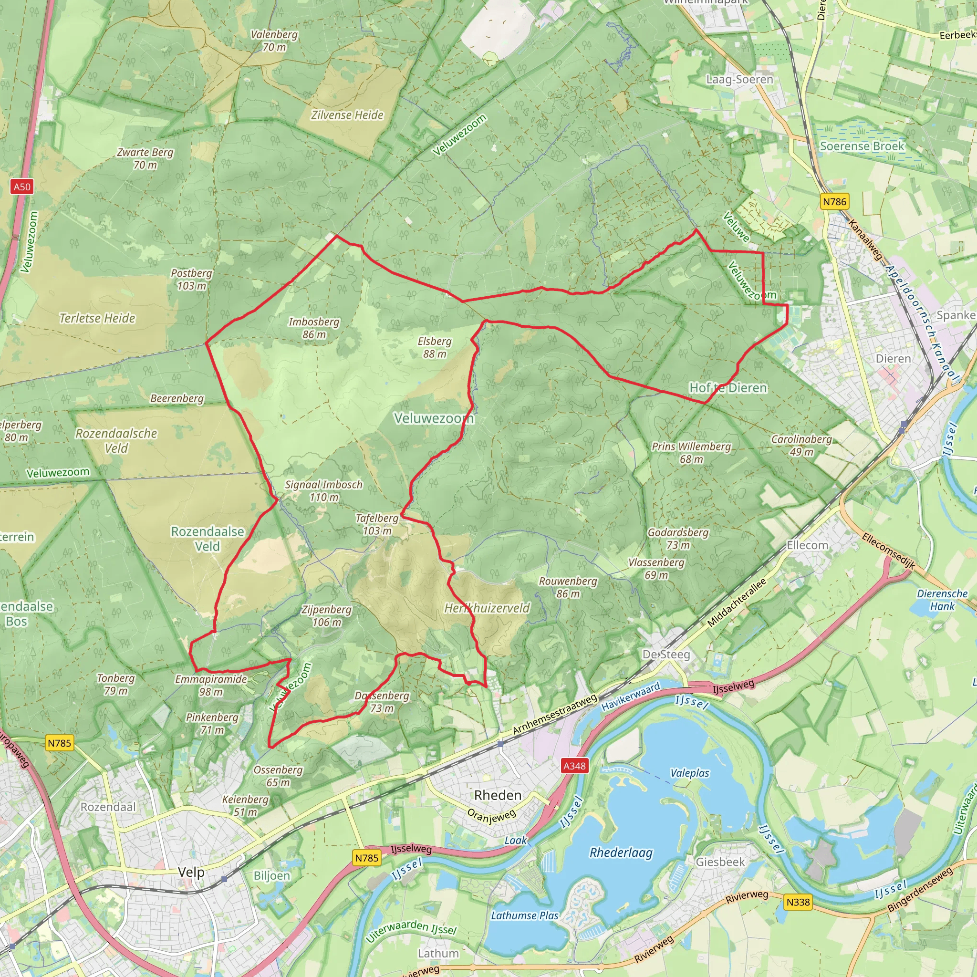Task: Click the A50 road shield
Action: coord(22,187)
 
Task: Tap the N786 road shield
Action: coord(834,201)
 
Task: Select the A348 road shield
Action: coord(574,766)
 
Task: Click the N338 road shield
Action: coord(798,902)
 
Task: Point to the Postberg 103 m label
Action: coord(191,279)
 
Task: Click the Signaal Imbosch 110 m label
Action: coord(323,490)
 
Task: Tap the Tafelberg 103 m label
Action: coord(377,524)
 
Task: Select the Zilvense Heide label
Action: coord(347,115)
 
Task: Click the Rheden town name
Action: coord(498,795)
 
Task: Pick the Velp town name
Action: coord(191,872)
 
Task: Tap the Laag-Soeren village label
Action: coord(739,79)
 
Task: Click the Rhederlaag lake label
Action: coord(621,852)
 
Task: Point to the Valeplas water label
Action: coord(690,773)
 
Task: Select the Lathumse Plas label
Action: coord(524,915)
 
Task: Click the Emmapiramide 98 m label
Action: coord(211,685)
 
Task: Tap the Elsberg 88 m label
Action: coord(435,347)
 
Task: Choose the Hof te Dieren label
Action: coord(728,388)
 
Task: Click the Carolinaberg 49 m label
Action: coord(801,445)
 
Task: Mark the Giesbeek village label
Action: coord(720,862)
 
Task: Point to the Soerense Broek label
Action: coord(862,146)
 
